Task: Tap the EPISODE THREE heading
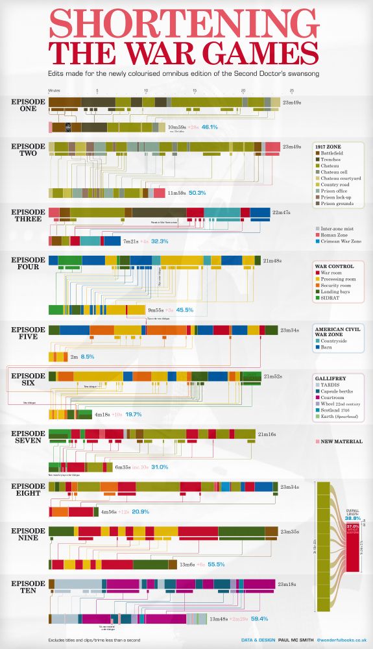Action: tap(29, 215)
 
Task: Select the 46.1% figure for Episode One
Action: tap(209, 127)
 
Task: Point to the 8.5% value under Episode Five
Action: tap(87, 357)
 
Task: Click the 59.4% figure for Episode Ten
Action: tap(259, 620)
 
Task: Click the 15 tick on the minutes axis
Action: tap(194, 91)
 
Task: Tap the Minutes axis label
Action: tap(54, 91)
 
